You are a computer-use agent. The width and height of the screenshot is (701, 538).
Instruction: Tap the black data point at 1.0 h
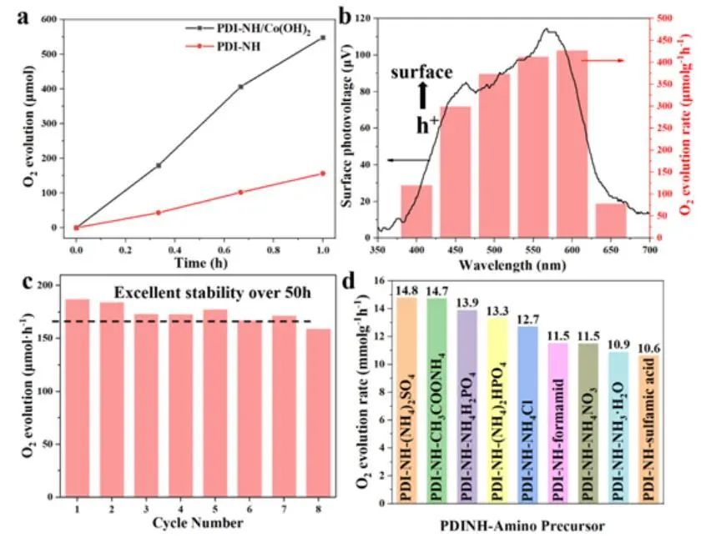(x=322, y=38)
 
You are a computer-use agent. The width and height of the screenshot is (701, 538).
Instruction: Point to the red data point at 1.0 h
(x=322, y=173)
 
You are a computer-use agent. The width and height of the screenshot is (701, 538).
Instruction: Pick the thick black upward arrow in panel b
(x=422, y=96)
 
